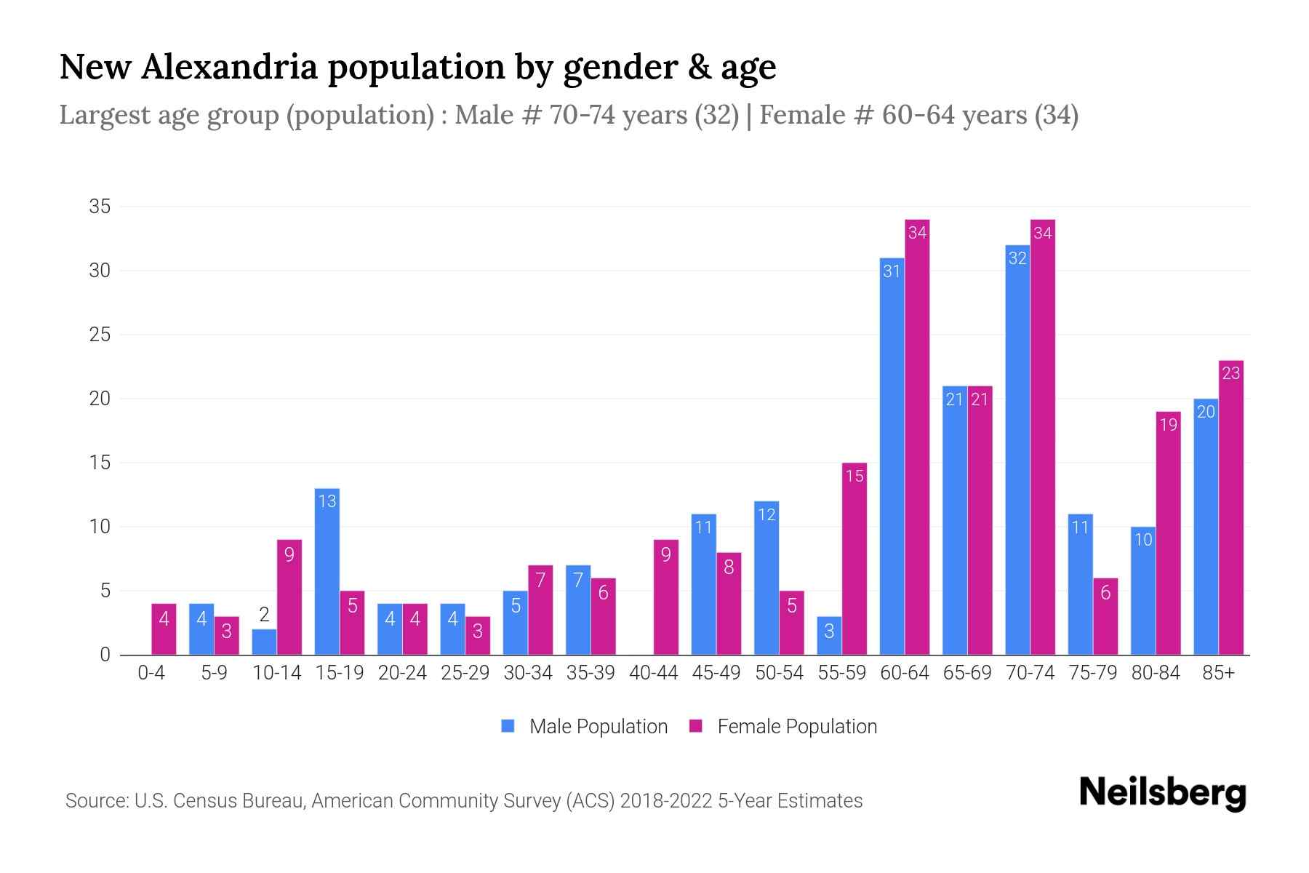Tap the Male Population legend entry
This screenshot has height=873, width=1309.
[x=585, y=726]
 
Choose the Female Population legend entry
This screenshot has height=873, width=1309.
[x=784, y=726]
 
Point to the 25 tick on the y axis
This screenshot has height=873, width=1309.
[x=100, y=335]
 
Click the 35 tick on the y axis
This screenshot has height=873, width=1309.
[x=100, y=207]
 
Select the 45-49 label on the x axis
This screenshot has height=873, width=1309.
[x=716, y=673]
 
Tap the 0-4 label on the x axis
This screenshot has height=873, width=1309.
[x=151, y=673]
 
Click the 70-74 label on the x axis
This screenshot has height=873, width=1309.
[x=1030, y=673]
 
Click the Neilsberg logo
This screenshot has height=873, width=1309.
[x=1162, y=793]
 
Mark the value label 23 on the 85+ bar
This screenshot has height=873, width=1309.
[x=1230, y=373]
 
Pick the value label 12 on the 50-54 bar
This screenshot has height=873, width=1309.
[x=766, y=514]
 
